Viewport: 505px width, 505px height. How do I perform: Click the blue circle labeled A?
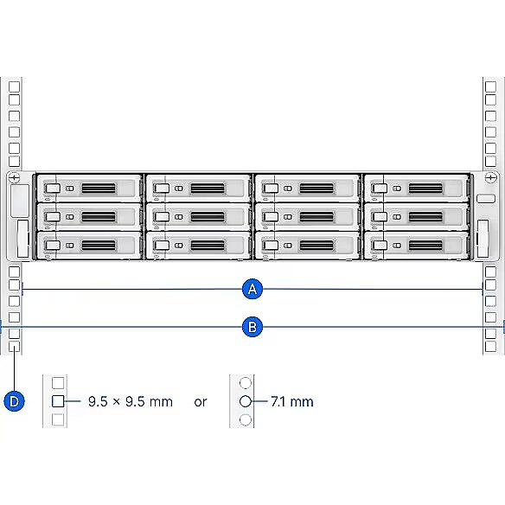pos(252,289)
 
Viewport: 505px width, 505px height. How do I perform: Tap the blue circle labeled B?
pos(252,327)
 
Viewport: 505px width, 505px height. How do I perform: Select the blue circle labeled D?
pos(14,401)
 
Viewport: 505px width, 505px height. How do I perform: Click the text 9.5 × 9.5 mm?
pos(131,401)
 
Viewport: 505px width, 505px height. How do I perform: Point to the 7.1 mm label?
pos(292,401)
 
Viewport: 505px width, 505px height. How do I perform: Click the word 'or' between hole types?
pos(201,402)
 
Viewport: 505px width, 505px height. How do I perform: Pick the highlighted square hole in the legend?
pos(58,401)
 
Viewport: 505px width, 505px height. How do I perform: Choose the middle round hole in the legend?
pos(246,401)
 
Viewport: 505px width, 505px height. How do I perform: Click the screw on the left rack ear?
pos(14,177)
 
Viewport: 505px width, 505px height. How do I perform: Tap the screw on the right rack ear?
pos(490,177)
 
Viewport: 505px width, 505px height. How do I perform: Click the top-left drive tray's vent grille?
pos(99,189)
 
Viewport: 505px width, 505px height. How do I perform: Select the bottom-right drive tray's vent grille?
pos(425,246)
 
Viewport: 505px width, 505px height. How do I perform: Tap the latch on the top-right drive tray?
pos(380,189)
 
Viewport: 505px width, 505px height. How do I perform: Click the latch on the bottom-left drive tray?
pos(53,246)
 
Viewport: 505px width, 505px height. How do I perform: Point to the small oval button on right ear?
pos(486,198)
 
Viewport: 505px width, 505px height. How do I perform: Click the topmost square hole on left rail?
pos(14,87)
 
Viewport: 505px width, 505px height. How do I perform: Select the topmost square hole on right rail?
pos(490,87)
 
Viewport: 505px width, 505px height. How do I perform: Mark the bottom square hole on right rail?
pos(490,347)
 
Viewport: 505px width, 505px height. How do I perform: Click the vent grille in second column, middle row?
pos(208,217)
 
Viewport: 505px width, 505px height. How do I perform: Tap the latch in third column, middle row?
pos(271,217)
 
